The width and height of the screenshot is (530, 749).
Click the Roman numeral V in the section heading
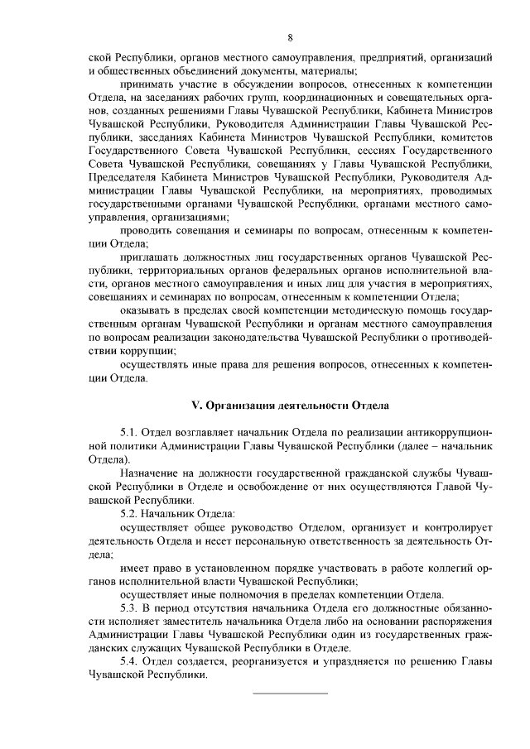(195, 405)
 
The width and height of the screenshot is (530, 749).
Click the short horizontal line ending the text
(290, 693)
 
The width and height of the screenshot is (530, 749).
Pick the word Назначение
(152, 473)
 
